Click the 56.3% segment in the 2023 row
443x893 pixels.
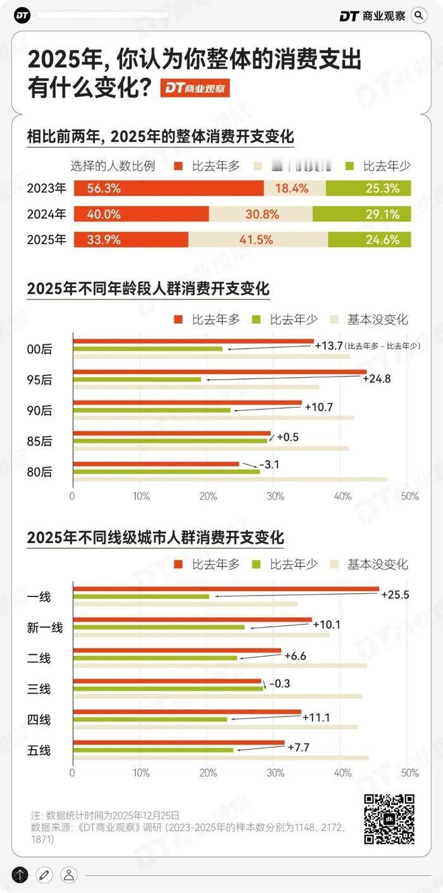[168, 188]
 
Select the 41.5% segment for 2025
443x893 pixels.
[258, 240]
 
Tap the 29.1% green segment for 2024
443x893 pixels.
[361, 214]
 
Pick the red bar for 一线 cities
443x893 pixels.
[226, 589]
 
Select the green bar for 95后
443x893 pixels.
[137, 380]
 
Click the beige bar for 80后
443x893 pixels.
[230, 480]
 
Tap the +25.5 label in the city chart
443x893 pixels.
[396, 594]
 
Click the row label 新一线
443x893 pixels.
[45, 627]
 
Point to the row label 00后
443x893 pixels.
[39, 349]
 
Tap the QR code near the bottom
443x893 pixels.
[389, 819]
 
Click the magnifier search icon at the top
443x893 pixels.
[419, 15]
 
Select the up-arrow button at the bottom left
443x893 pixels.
[20, 875]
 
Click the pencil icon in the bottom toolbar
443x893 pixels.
[44, 875]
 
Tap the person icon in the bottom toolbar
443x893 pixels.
[68, 875]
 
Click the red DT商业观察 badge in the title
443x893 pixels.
[194, 88]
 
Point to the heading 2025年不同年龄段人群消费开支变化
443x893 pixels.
[148, 289]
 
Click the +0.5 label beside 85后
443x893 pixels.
[287, 437]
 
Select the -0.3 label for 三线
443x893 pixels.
[280, 684]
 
